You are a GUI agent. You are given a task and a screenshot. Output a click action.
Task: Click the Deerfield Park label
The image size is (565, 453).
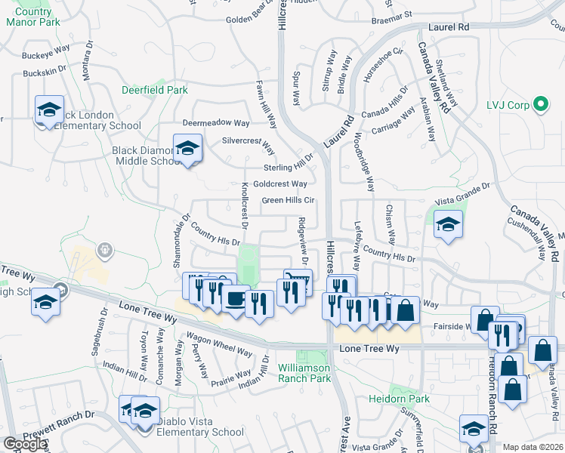tap(155, 90)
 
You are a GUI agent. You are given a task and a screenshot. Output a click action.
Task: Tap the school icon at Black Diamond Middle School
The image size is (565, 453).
tap(187, 148)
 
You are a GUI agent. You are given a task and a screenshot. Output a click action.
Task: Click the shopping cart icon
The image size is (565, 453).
tap(297, 281)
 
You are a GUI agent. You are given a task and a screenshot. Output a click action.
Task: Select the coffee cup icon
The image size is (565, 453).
tap(235, 297)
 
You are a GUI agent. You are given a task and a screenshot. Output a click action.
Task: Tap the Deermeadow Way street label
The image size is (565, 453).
tap(216, 122)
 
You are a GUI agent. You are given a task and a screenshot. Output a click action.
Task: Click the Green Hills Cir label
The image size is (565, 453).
tap(288, 201)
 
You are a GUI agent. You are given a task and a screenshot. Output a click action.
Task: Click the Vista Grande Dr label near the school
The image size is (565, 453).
tap(463, 196)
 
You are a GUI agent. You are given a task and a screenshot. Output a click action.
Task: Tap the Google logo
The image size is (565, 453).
tap(25, 444)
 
